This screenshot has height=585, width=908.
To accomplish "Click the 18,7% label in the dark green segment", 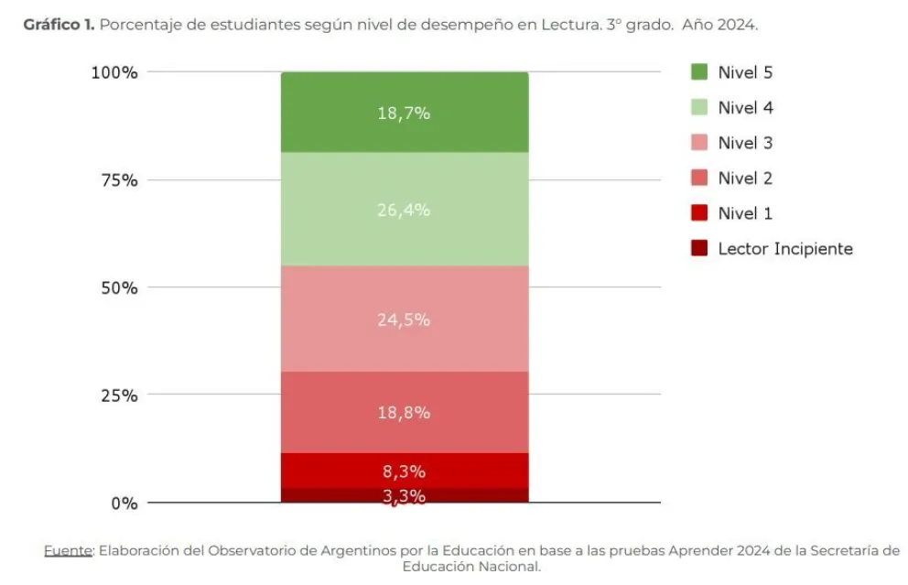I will tap(404, 114).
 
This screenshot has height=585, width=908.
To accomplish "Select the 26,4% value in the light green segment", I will tap(404, 210).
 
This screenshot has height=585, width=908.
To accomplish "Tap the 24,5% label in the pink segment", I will tap(404, 320).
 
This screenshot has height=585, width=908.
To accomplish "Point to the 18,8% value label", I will tap(404, 412).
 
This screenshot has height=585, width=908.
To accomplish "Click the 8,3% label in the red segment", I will tap(404, 472).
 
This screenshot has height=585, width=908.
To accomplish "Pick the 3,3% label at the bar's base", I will tap(404, 496).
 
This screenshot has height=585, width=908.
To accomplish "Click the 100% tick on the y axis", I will tap(114, 73).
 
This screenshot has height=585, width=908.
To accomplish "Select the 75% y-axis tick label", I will tap(119, 180).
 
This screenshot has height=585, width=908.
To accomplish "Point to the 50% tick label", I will tap(119, 288).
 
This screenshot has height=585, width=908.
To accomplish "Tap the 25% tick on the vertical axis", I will tap(119, 395).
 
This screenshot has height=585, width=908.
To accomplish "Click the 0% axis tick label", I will tap(124, 503).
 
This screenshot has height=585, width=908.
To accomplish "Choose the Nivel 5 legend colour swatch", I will tap(699, 72).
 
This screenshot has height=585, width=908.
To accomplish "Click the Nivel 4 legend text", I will tap(745, 108).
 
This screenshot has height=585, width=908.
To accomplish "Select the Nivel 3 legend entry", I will tap(745, 143).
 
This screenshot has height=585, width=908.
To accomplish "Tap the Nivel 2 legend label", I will tap(745, 179).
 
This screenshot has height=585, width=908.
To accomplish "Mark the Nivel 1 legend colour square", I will tap(699, 213).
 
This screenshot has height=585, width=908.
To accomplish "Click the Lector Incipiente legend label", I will tap(784, 249).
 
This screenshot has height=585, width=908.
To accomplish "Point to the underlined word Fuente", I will tap(69, 550).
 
